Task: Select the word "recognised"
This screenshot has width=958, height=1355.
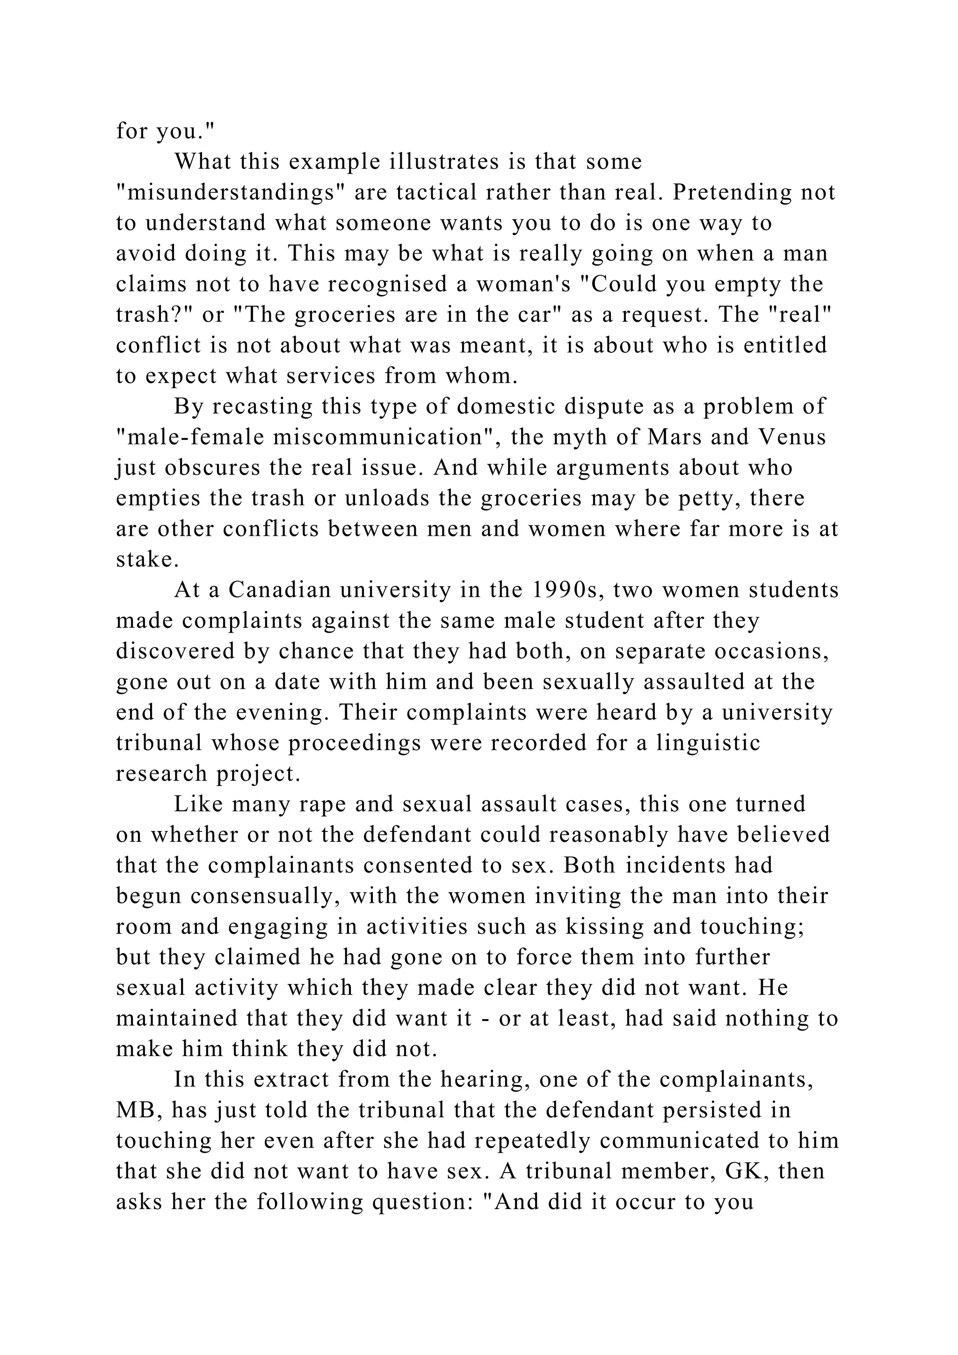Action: pyautogui.click(x=389, y=284)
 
